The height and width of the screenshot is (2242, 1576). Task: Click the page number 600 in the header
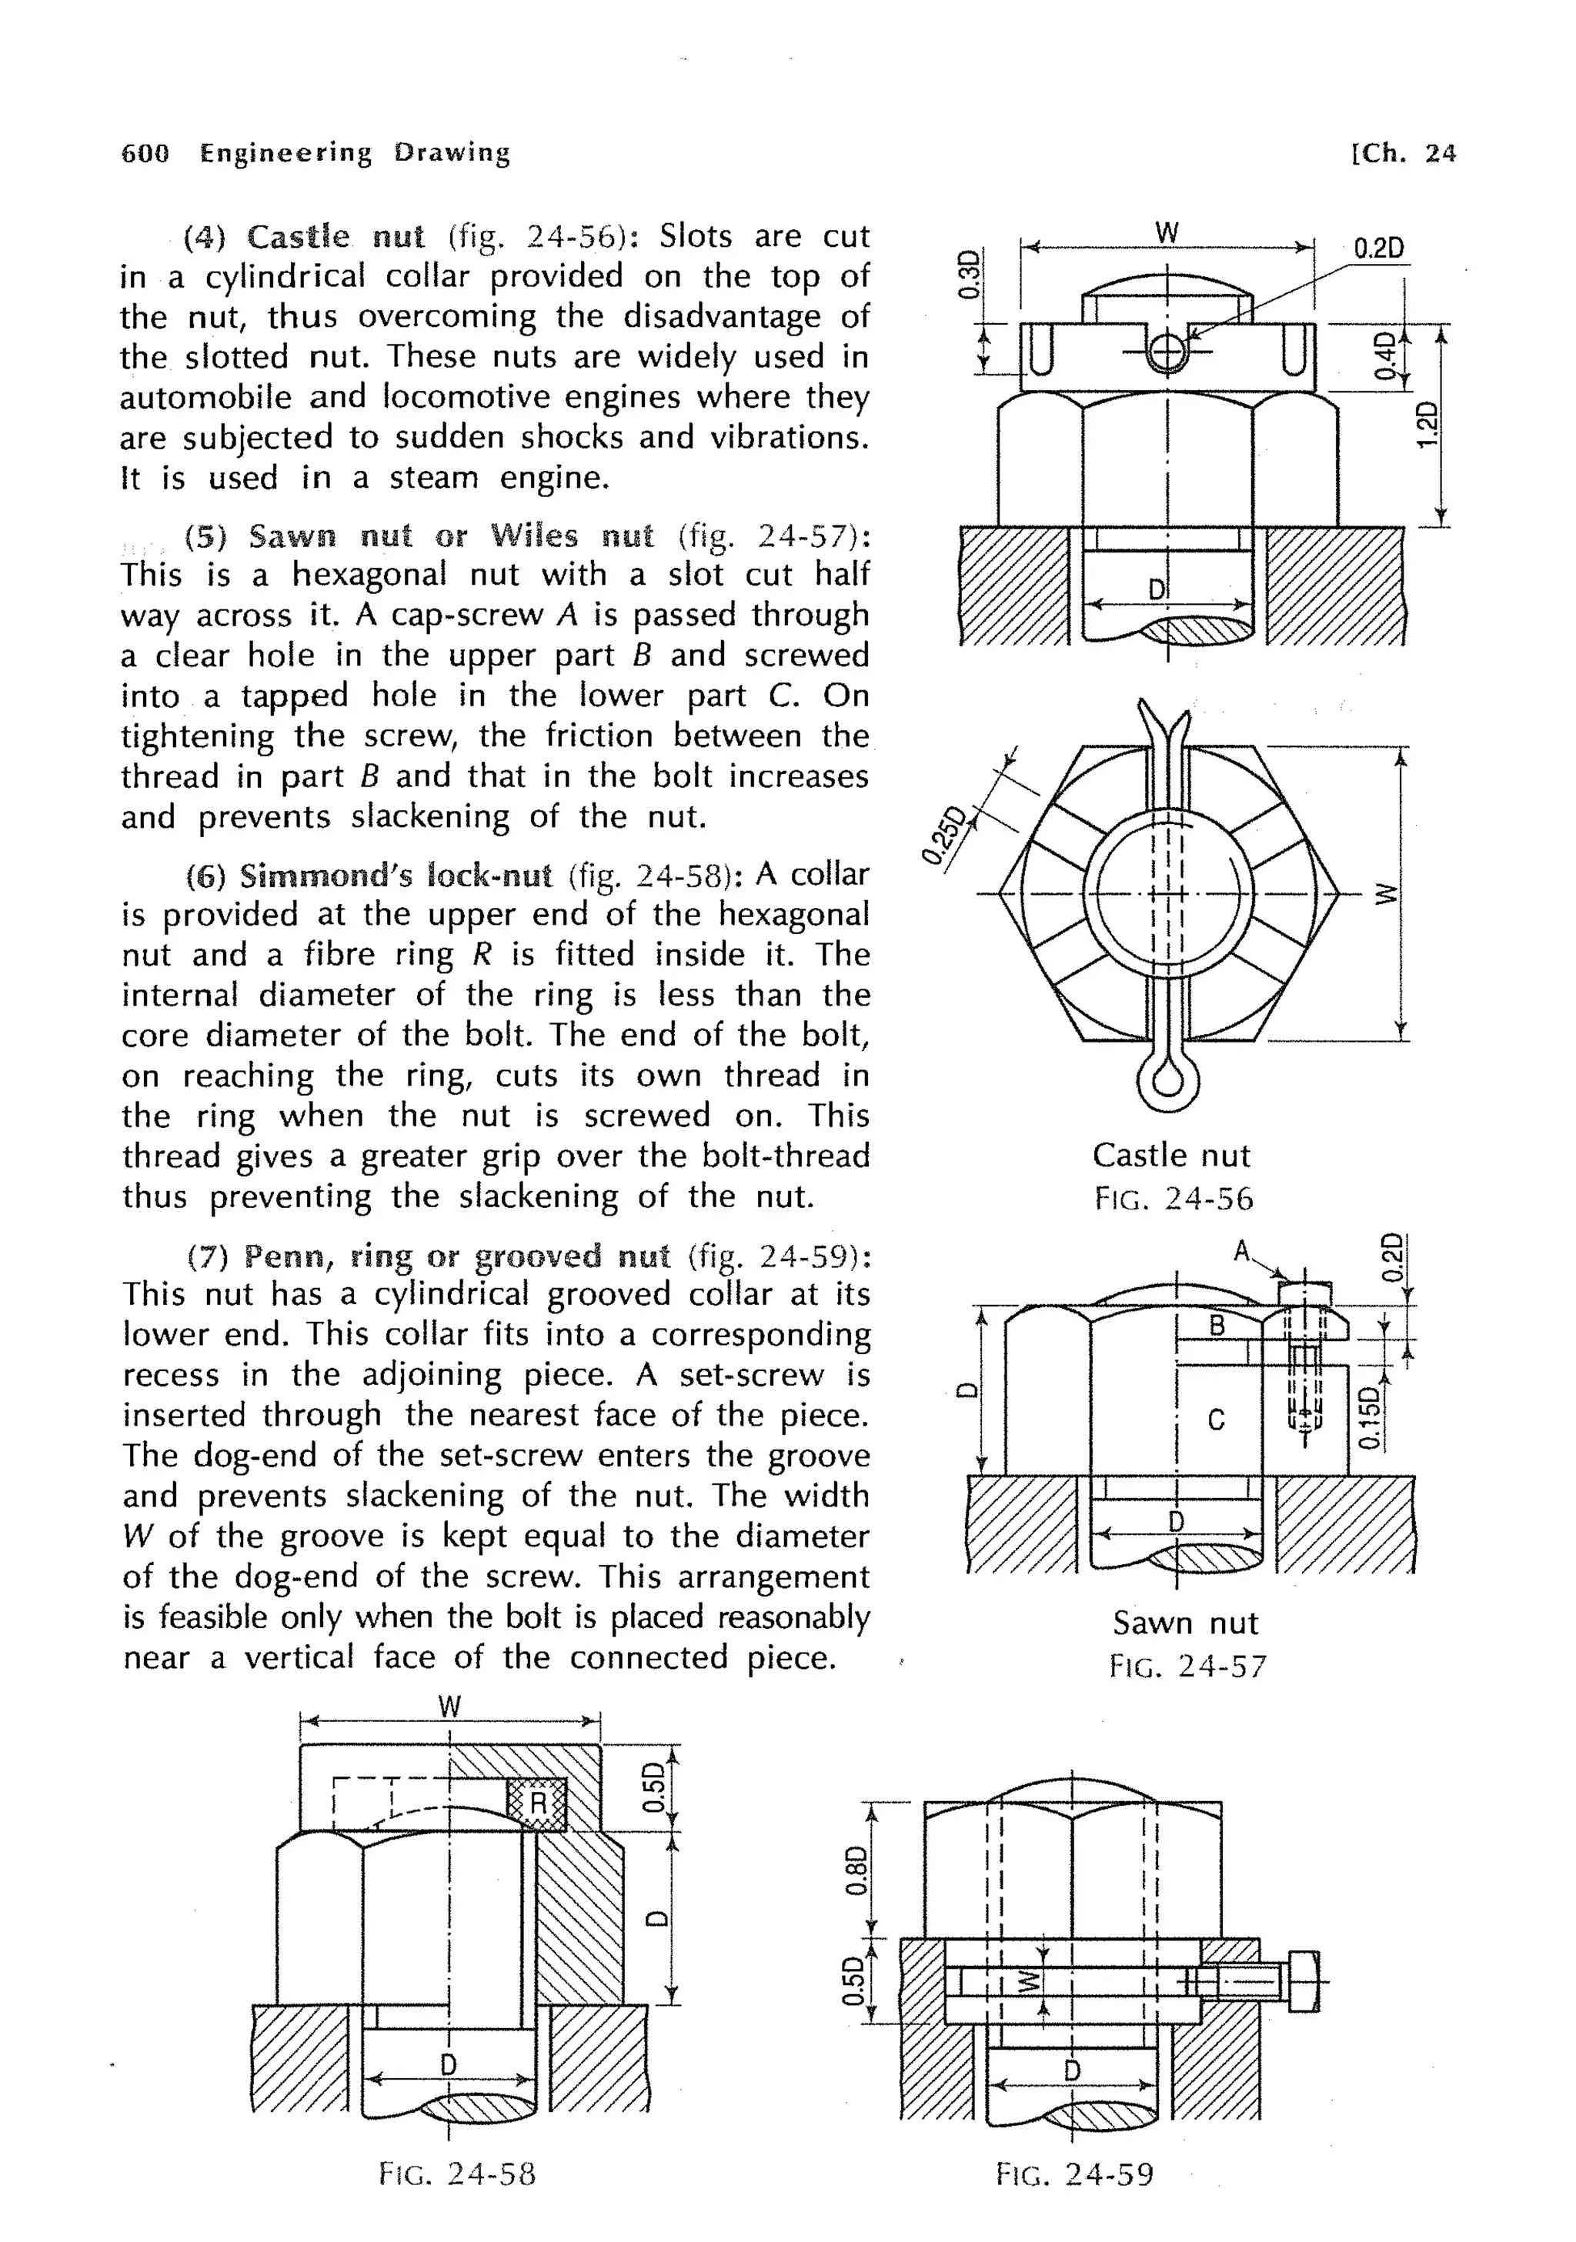pyautogui.click(x=145, y=153)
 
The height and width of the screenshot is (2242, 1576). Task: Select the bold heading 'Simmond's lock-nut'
pyautogui.click(x=396, y=875)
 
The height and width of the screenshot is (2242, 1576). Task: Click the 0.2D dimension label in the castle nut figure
pyautogui.click(x=1379, y=248)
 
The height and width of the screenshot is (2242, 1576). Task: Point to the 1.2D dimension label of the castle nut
pyautogui.click(x=1427, y=424)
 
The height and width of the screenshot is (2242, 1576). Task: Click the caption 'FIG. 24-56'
pyautogui.click(x=1173, y=1199)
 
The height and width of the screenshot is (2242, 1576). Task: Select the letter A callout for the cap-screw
pyautogui.click(x=1241, y=1251)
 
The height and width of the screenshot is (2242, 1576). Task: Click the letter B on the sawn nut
pyautogui.click(x=1217, y=1326)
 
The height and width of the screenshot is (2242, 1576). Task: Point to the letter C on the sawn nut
pyautogui.click(x=1216, y=1420)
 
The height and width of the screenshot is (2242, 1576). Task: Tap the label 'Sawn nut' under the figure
pyautogui.click(x=1185, y=1623)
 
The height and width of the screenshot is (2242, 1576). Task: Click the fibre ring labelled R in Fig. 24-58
pyautogui.click(x=536, y=1803)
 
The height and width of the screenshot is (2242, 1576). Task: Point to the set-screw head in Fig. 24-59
pyautogui.click(x=1304, y=1981)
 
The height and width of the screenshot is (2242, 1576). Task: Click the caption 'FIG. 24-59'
pyautogui.click(x=1074, y=2174)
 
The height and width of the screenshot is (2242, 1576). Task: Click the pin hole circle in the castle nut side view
pyautogui.click(x=1167, y=352)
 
